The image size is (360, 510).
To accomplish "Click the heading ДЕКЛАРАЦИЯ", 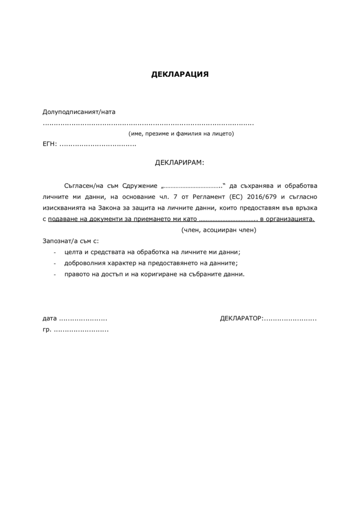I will [x=180, y=75].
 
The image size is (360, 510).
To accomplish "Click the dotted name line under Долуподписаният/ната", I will [x=148, y=124].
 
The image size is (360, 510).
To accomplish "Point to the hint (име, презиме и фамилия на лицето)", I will [x=181, y=134].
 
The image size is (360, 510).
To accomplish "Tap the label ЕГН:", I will [x=50, y=145].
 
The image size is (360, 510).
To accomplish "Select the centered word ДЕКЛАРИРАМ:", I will [x=180, y=163].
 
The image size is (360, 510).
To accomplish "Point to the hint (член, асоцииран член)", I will [x=219, y=230].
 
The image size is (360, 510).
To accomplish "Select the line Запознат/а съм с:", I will [x=71, y=241].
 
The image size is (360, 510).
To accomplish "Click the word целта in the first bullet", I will [x=73, y=252].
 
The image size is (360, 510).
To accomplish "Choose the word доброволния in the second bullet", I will [x=85, y=263].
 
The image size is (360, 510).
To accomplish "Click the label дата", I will [x=50, y=318].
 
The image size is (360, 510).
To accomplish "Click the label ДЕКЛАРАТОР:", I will [x=241, y=318].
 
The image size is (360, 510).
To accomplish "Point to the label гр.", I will [x=47, y=329].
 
